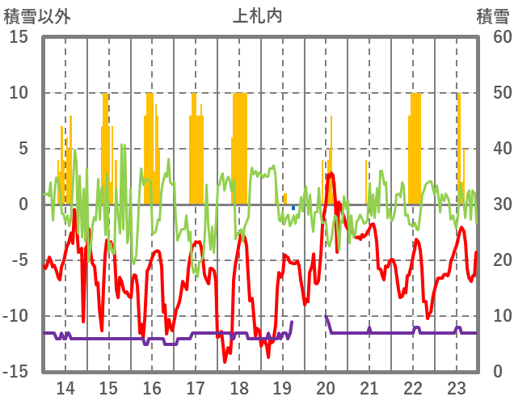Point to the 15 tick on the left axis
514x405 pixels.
coord(19,37)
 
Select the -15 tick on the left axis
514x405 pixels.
coord(15,372)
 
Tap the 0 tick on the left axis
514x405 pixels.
coord(23,205)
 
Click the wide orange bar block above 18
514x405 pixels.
coord(239,146)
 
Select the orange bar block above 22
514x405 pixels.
coord(415,146)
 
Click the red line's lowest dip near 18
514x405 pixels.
coord(225,361)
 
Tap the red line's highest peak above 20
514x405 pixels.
coord(331,174)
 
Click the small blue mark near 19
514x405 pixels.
coord(293,209)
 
